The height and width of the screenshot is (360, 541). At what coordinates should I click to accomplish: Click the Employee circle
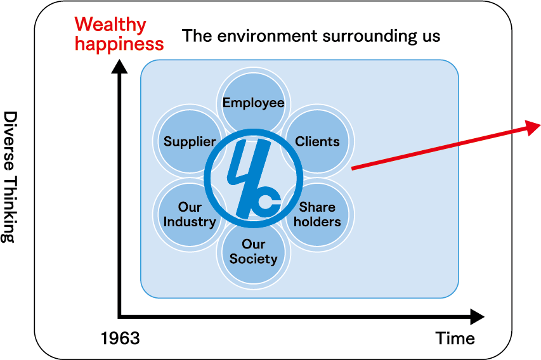tap(254, 103)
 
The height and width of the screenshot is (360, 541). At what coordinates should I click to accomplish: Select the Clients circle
tap(317, 141)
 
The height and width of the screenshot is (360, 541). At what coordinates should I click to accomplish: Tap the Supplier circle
tap(190, 141)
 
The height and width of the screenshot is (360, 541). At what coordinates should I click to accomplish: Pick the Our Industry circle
tap(190, 214)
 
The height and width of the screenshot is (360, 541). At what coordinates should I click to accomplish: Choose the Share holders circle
tap(317, 214)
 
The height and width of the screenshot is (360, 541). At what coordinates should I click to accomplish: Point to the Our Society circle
tap(254, 252)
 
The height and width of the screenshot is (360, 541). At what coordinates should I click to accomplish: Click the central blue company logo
tap(254, 178)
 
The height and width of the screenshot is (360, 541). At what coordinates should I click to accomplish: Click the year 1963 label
tap(121, 338)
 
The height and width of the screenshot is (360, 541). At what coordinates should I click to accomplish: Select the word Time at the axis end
tap(455, 338)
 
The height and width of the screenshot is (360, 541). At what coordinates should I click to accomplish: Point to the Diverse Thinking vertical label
tap(10, 177)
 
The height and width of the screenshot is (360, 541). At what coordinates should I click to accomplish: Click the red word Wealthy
tap(110, 25)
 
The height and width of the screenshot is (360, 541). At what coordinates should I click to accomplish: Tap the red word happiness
tap(119, 44)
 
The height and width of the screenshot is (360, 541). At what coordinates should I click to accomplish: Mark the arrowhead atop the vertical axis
tap(119, 66)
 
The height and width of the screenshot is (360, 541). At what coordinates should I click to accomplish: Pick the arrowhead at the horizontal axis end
tap(478, 316)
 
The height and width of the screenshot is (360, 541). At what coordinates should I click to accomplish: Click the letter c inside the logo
tap(268, 202)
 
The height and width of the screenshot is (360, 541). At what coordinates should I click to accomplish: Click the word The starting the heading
tap(197, 36)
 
